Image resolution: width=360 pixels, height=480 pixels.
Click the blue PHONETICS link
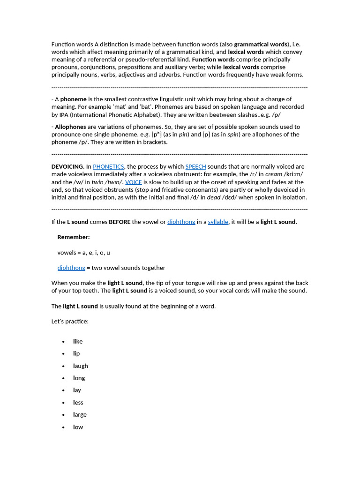pos(108,166)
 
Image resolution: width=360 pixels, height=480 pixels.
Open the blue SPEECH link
pos(195,166)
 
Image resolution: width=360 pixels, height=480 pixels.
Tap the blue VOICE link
pos(133,182)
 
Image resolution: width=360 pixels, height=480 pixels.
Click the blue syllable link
pos(218,222)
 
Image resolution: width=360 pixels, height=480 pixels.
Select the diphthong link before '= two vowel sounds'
pos(71,268)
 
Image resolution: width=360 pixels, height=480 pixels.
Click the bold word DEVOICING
pos(67,166)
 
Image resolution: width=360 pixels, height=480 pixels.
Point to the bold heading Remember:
pos(74,237)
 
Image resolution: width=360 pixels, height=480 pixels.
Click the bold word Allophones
pos(70,127)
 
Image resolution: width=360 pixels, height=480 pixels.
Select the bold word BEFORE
pos(120,222)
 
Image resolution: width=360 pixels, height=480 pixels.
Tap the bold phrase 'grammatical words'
pos(260,44)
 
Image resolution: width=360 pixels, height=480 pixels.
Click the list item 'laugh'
pos(81,366)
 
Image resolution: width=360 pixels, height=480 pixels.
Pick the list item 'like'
pos(78,341)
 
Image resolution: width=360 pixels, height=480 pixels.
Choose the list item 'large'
pos(80,414)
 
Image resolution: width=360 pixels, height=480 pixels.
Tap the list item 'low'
pos(78,427)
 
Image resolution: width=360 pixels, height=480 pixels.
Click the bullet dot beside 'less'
pos(63,403)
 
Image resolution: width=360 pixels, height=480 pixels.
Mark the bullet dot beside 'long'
pos(63,378)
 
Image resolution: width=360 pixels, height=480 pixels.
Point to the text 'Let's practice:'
pos(70,321)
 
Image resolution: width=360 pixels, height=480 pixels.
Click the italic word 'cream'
pos(274,174)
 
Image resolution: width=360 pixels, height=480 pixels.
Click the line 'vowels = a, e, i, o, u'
pos(83,252)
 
